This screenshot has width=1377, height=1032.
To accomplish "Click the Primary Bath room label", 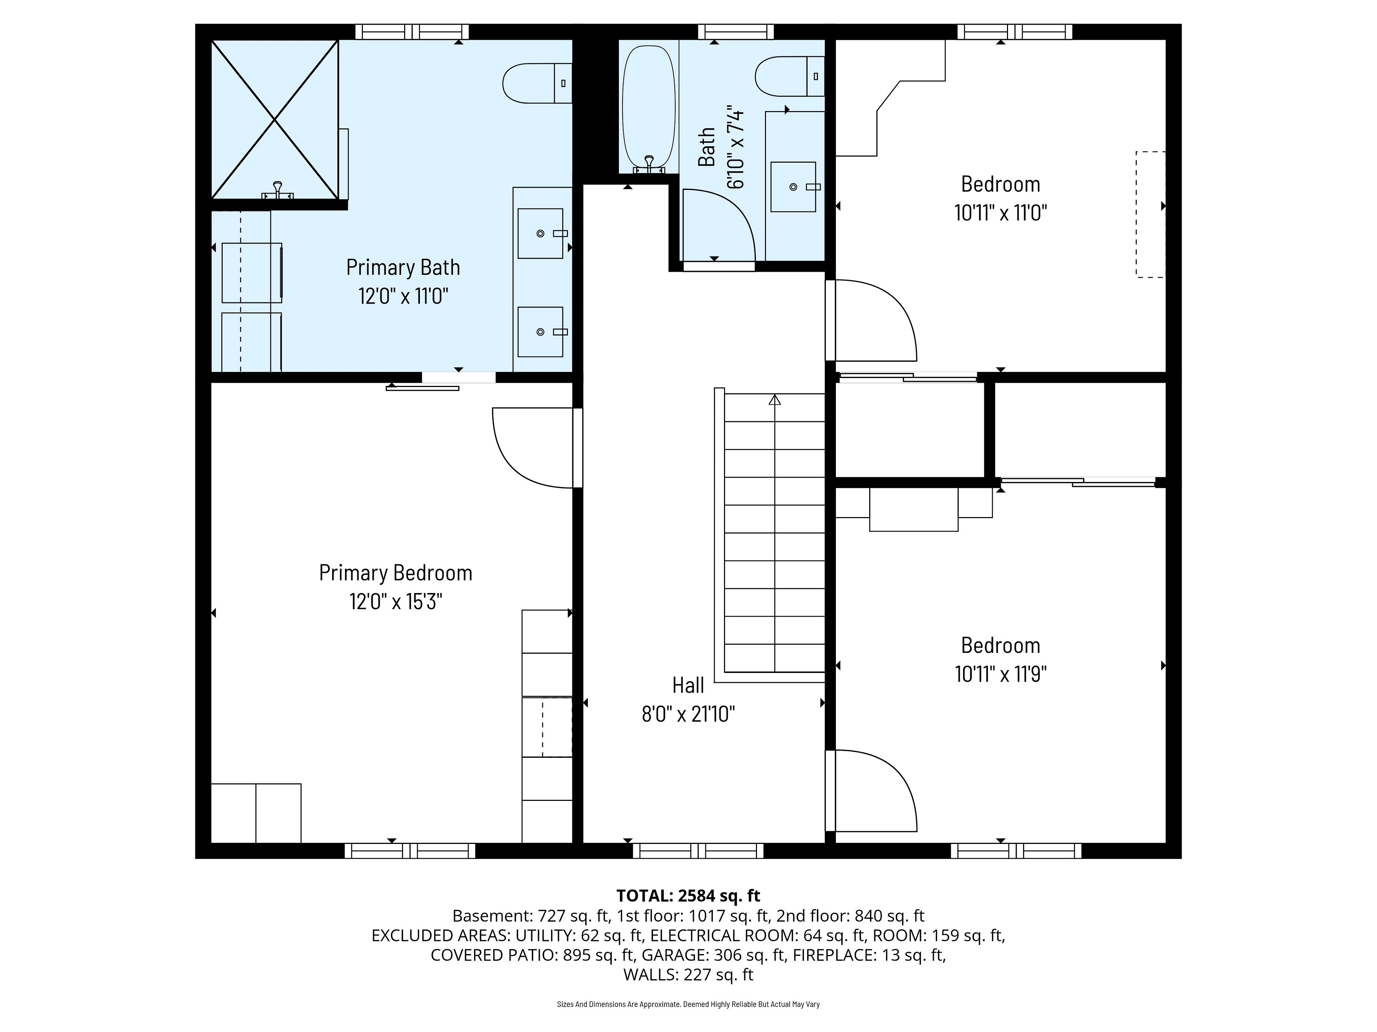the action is tap(403, 267).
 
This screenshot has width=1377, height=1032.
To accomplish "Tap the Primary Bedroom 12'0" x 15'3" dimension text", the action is tap(396, 602).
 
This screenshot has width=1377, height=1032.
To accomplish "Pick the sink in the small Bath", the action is tap(793, 187).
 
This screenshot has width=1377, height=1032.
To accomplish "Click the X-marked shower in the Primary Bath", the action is tap(275, 119).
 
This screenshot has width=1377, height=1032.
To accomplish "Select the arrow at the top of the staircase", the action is tap(775, 400).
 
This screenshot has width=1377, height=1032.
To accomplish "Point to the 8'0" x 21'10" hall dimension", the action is tap(688, 714).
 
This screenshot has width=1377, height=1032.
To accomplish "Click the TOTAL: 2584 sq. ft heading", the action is tap(688, 896).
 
